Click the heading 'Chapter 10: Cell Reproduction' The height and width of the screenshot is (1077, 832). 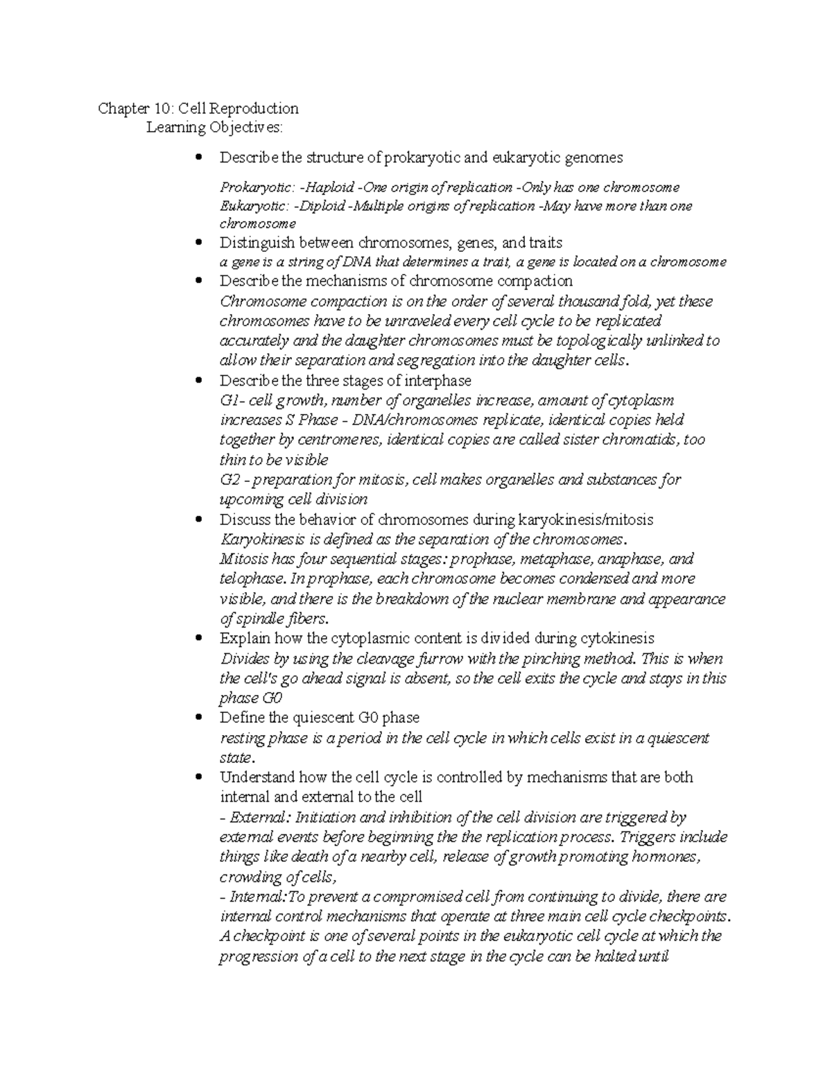click(198, 108)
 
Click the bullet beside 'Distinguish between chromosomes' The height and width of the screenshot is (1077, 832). click(200, 243)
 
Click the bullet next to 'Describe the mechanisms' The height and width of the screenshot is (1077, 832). click(200, 281)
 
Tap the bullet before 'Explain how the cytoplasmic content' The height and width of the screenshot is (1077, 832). click(200, 638)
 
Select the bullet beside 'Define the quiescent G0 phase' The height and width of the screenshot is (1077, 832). click(200, 717)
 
